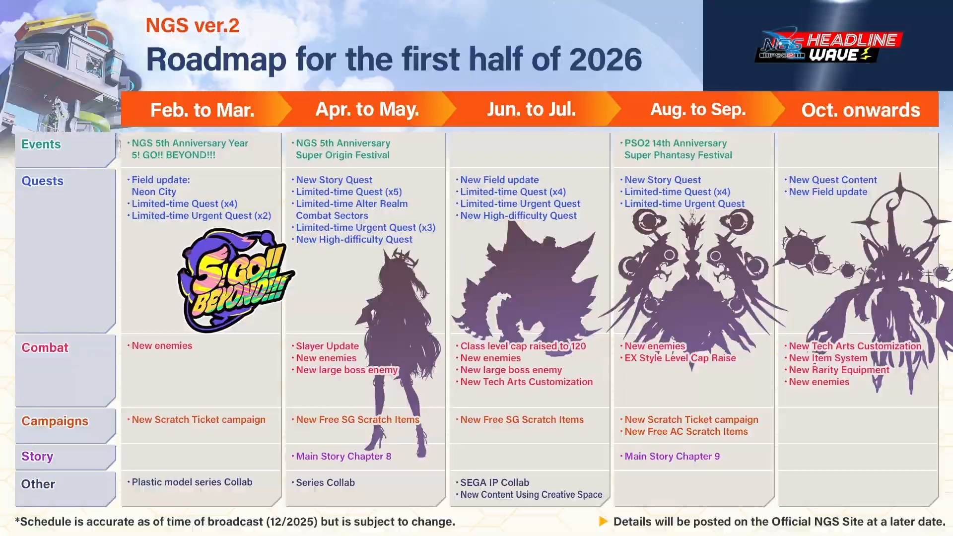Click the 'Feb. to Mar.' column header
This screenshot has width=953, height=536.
coord(203,110)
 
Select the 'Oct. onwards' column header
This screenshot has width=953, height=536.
coord(861,110)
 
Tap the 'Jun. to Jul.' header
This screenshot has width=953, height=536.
coord(531,109)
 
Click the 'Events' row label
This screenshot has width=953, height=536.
coord(41,144)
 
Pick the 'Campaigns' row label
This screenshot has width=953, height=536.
coord(55,421)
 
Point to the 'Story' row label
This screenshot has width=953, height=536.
coord(37,457)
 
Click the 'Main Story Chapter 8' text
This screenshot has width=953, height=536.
coord(343,457)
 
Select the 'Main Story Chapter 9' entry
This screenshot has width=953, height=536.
coord(672,457)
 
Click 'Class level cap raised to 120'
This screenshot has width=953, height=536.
coord(523,346)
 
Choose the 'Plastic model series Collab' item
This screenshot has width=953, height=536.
coord(192,482)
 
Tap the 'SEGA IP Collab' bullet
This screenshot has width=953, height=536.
coord(494,482)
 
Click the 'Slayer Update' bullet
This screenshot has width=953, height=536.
coord(327,346)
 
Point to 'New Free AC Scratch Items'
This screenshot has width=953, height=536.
coord(686,432)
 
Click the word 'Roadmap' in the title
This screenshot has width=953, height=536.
coord(216,60)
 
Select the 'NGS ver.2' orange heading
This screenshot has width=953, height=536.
coord(193,25)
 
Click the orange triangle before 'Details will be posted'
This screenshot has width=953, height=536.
coord(603,522)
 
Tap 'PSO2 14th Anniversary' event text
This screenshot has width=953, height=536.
coord(676,143)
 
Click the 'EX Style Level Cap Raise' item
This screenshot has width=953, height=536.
coord(680,358)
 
